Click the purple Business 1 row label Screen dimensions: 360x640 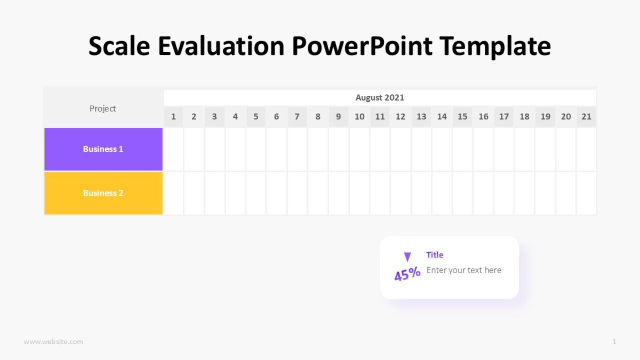103,149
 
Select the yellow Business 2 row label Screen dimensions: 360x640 103,193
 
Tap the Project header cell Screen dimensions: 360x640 103,109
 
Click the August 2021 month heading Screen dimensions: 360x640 380,98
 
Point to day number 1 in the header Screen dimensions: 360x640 173,117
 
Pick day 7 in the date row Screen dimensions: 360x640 297,117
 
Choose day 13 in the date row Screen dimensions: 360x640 421,117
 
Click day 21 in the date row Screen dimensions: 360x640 586,117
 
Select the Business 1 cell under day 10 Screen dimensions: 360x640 359,149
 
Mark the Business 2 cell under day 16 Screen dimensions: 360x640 483,193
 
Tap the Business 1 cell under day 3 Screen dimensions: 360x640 214,149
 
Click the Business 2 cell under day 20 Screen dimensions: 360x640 566,193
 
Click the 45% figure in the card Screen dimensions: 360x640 407,275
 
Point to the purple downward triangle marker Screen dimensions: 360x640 407,257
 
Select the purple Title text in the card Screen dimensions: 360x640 435,255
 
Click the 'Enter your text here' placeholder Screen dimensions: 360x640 464,270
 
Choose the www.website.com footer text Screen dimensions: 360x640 53,342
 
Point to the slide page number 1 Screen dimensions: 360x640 614,342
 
